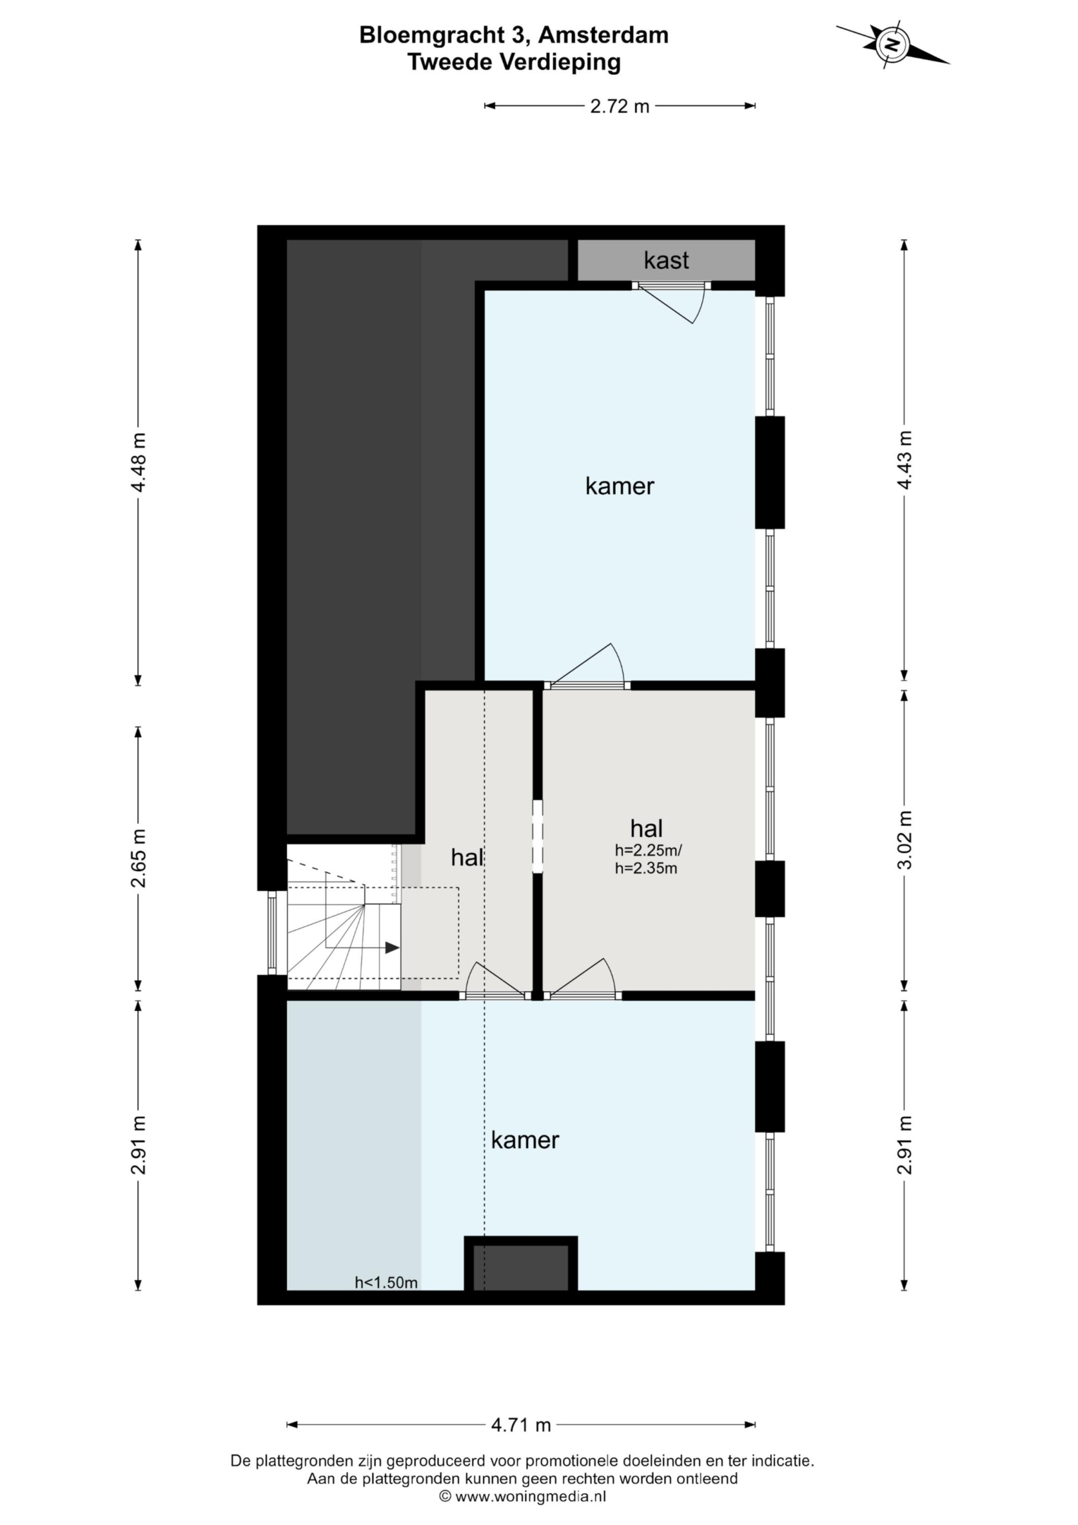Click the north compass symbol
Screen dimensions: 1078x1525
[892, 44]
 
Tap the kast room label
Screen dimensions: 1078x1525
[666, 261]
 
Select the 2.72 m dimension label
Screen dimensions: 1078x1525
[619, 107]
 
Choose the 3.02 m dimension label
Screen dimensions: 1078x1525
[904, 839]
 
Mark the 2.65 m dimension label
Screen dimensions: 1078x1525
[139, 858]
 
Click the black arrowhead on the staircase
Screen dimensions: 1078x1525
[392, 948]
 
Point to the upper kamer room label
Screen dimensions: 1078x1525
[619, 486]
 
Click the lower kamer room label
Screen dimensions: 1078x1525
[525, 1140]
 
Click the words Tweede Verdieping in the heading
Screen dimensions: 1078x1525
[514, 62]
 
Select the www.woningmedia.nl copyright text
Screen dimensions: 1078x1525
[523, 1495]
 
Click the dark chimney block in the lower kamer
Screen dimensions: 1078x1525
[521, 1267]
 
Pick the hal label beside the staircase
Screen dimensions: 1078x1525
[467, 858]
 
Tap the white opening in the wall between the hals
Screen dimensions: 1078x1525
[538, 837]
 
